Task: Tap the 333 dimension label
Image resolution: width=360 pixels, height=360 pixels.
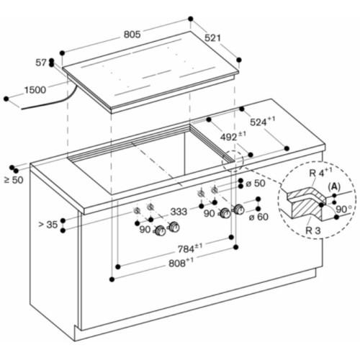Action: click(179, 212)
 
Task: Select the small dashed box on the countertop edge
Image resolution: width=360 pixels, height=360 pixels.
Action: click(228, 157)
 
